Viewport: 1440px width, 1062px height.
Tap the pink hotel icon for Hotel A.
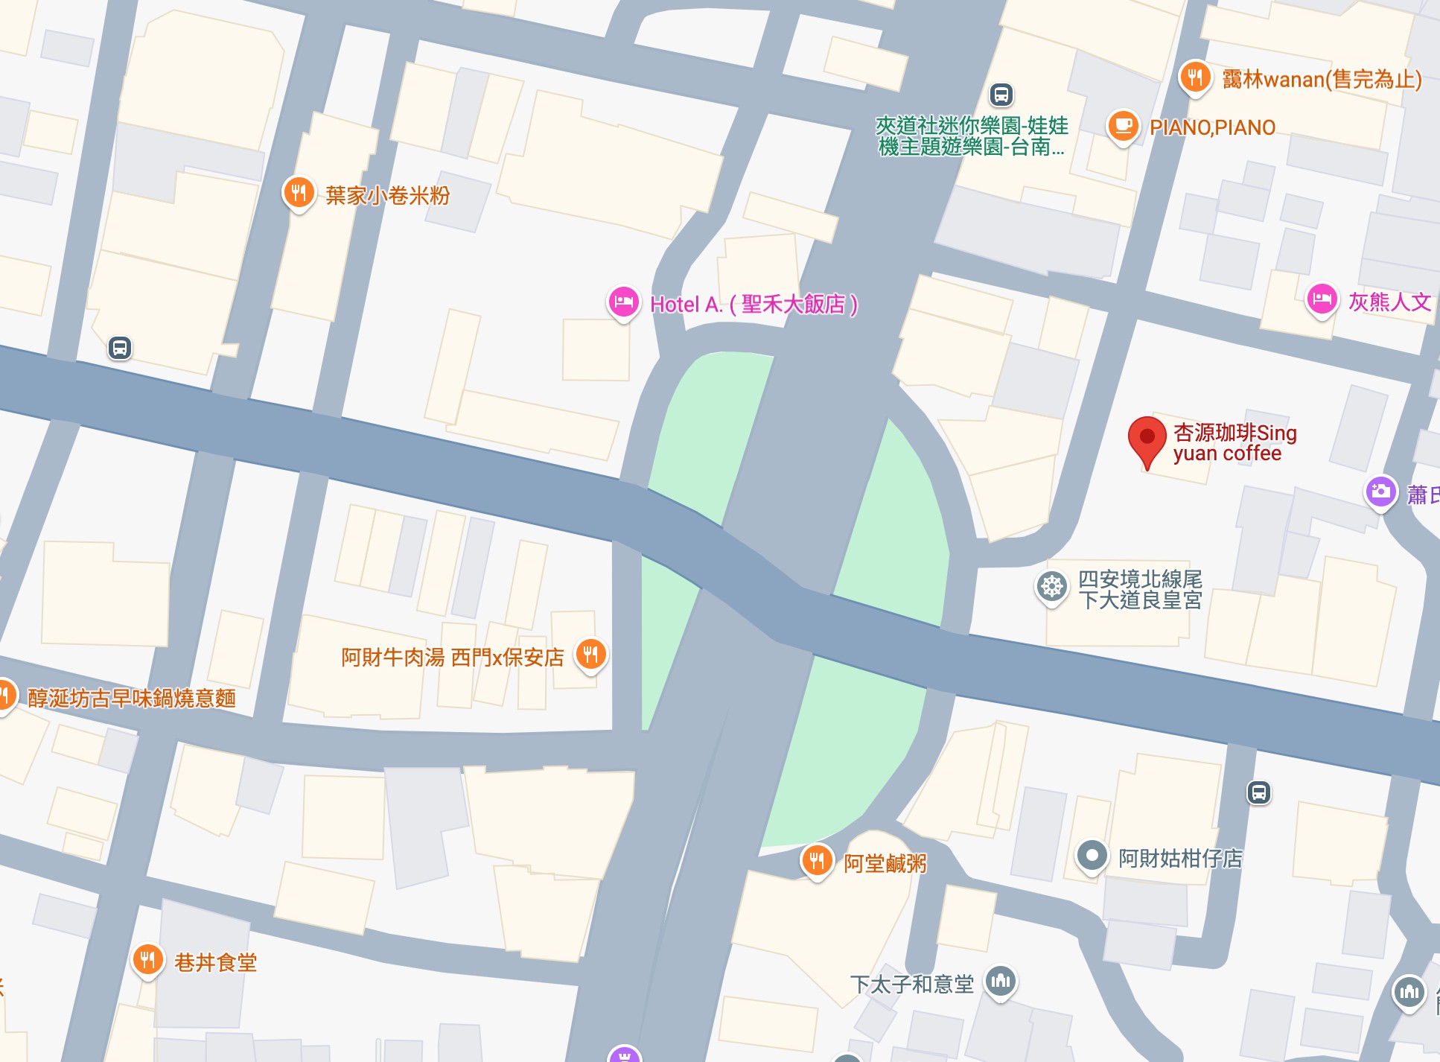623,302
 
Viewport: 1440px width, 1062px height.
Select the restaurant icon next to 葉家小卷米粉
299,193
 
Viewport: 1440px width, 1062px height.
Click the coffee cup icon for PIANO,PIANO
1123,126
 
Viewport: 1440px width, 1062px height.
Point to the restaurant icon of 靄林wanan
1195,77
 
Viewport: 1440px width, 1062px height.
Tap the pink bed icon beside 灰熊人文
1322,300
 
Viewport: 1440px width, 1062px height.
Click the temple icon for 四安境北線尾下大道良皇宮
1051,587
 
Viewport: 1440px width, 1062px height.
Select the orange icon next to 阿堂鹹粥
817,860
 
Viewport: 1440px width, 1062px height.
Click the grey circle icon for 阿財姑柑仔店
1092,856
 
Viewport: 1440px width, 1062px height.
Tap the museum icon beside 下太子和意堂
1001,981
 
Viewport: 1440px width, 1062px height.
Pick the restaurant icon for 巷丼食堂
147,960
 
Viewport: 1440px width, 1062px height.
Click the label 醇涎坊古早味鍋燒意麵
132,699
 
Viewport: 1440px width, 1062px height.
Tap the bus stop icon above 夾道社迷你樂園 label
1001,95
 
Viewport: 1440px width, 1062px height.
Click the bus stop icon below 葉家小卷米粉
120,348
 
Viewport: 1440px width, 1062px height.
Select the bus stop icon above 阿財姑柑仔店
1258,793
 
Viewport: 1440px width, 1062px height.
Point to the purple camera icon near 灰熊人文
1380,492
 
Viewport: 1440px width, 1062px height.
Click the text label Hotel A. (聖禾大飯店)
754,305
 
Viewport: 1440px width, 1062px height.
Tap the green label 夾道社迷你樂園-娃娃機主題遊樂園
972,136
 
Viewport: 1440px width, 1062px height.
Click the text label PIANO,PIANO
1212,128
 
